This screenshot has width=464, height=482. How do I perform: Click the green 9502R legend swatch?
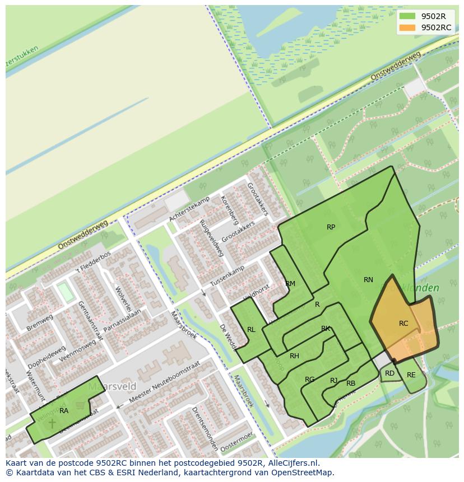pyautogui.click(x=407, y=16)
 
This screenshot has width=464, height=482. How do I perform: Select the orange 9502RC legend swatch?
pyautogui.click(x=407, y=27)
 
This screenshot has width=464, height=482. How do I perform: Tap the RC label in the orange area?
pyautogui.click(x=403, y=324)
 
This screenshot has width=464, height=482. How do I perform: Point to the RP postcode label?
pyautogui.click(x=331, y=227)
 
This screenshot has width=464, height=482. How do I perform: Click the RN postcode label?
pyautogui.click(x=368, y=280)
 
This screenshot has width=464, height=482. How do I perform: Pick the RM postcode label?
pyautogui.click(x=290, y=284)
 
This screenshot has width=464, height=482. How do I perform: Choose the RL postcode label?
pyautogui.click(x=251, y=330)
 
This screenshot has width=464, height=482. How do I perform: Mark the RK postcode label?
pyautogui.click(x=326, y=329)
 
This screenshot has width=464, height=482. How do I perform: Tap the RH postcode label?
pyautogui.click(x=294, y=356)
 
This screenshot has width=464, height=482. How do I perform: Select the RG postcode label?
pyautogui.click(x=309, y=380)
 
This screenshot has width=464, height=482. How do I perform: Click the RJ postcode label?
pyautogui.click(x=333, y=381)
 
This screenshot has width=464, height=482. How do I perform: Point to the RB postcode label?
pyautogui.click(x=351, y=383)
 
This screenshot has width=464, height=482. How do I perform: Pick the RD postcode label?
pyautogui.click(x=389, y=373)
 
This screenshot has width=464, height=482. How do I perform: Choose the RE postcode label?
pyautogui.click(x=411, y=375)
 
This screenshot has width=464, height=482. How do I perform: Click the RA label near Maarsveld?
pyautogui.click(x=64, y=411)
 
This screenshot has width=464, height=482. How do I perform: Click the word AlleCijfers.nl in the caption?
pyautogui.click(x=292, y=463)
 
